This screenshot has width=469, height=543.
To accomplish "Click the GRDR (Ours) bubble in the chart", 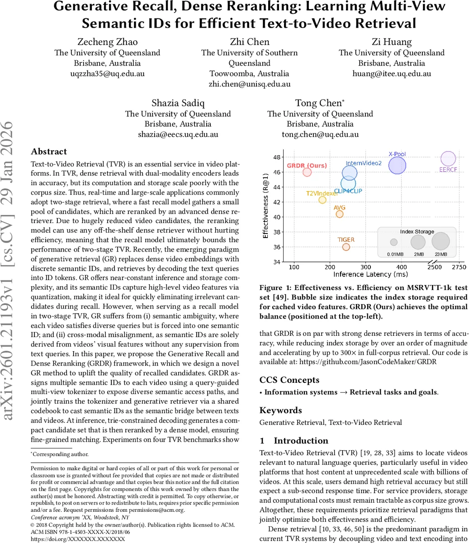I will point(307,172).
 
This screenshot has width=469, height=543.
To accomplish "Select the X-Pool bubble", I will point(397,166).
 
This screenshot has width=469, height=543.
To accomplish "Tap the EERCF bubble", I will point(448,159).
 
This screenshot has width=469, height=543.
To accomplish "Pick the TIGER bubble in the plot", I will point(346,247).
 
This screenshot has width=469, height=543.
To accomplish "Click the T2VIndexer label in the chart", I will point(322,193).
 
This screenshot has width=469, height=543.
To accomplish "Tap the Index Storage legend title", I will point(417,232).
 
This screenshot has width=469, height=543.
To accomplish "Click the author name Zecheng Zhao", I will point(107,42).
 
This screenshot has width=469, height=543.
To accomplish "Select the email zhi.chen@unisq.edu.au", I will point(250,84).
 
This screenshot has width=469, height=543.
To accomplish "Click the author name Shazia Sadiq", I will point(178,103).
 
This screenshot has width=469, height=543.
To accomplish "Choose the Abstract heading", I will point(49,152).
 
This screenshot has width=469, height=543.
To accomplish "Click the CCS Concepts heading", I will point(289,380).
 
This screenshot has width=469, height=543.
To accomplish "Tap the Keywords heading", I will point(280,410).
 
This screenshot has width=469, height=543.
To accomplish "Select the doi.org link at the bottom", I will point(77,539).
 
